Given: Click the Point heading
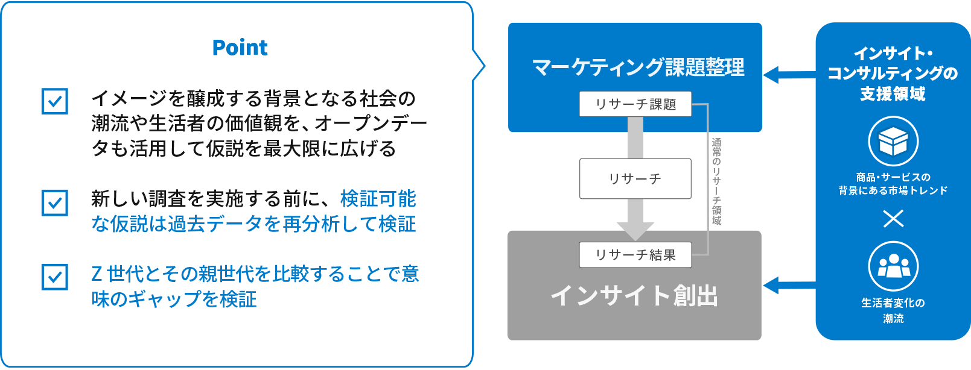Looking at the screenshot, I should click(x=240, y=48).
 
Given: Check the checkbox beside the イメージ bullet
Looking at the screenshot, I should click(x=55, y=101).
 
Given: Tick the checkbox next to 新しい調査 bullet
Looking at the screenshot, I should click(x=55, y=202).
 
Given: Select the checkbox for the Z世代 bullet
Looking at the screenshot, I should click(x=55, y=277).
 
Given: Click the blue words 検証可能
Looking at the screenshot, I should click(x=378, y=199).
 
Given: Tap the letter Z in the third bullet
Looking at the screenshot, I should click(x=97, y=274).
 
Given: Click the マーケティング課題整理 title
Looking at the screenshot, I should click(x=638, y=67).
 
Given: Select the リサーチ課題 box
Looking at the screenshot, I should click(x=635, y=104).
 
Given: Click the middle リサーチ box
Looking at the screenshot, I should click(x=635, y=179).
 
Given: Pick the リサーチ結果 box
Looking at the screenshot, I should click(x=635, y=256).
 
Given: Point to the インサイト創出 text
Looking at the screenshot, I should click(x=634, y=296).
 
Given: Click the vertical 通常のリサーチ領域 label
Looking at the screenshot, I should click(x=716, y=181).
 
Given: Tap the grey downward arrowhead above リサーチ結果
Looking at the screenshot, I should click(x=635, y=230).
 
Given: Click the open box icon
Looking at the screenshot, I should click(x=893, y=142).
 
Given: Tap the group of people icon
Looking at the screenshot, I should click(x=893, y=266).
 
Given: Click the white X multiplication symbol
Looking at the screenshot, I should click(x=893, y=218).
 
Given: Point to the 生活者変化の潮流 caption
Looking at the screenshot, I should click(x=893, y=310).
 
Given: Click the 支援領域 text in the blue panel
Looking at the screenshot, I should click(x=893, y=94).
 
